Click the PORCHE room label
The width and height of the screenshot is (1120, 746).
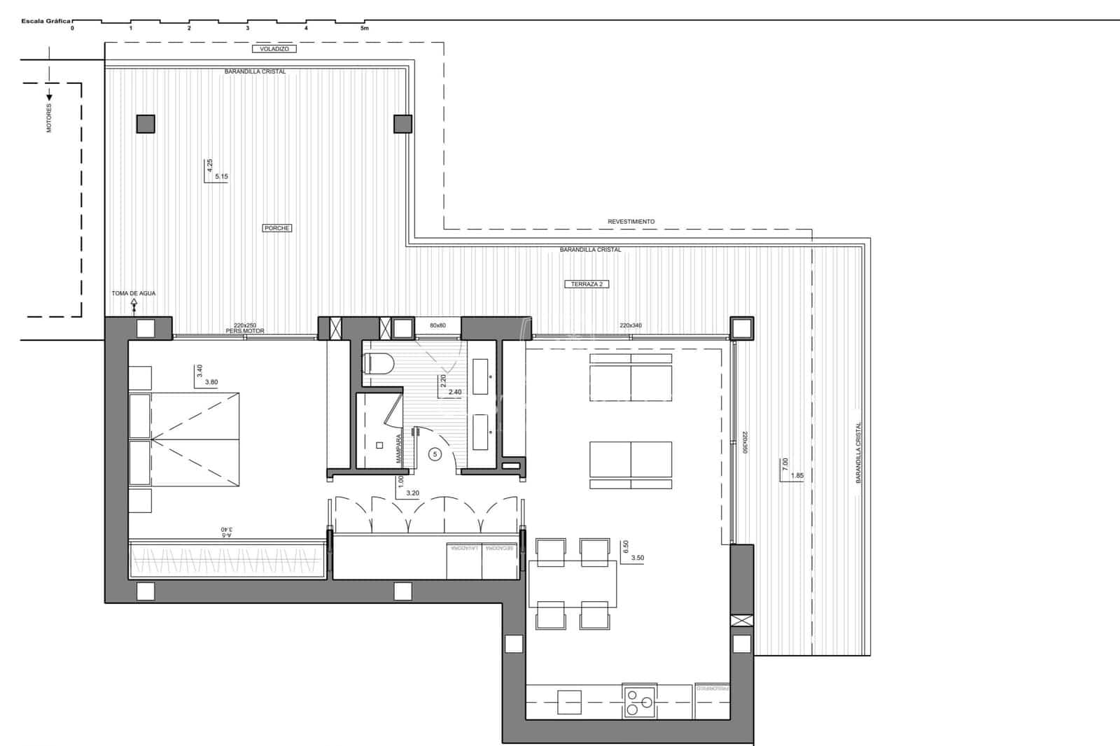(277, 228)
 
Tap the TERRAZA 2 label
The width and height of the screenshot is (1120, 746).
(587, 284)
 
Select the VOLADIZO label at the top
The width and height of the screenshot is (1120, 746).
(274, 49)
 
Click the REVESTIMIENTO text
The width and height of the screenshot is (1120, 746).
(631, 221)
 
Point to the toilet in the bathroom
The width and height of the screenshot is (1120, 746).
(378, 363)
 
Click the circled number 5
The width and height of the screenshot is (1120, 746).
(435, 454)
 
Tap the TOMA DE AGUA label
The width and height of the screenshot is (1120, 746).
(134, 293)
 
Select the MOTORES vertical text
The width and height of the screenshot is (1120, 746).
(49, 118)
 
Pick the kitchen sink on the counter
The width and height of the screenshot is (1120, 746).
(569, 702)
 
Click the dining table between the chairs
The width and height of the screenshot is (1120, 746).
(573, 584)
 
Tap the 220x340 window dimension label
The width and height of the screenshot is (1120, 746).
(631, 325)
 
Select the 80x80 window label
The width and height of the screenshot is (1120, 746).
(437, 325)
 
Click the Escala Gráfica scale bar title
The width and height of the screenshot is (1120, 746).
(46, 22)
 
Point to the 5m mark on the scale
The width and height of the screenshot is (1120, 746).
(364, 29)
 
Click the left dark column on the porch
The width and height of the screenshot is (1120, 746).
(146, 124)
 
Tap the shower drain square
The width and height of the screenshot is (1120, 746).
(380, 445)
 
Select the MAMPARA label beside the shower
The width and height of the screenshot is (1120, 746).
(398, 449)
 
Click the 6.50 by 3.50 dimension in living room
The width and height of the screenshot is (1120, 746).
(632, 552)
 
